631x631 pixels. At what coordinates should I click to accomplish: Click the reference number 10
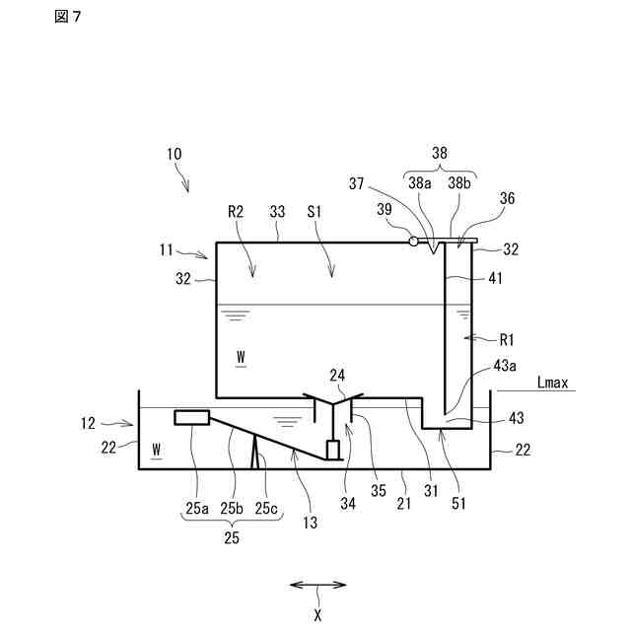[175, 154]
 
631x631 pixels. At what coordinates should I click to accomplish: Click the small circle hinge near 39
[413, 241]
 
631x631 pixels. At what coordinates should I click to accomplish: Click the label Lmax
[554, 383]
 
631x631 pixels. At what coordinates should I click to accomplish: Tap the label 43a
[505, 366]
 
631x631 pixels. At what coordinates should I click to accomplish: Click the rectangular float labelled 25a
[190, 417]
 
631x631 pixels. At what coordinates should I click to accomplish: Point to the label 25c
[266, 508]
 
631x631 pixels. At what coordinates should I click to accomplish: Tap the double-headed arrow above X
[316, 585]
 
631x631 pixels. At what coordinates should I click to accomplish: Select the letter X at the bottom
[317, 614]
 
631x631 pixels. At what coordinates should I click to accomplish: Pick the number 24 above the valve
[338, 375]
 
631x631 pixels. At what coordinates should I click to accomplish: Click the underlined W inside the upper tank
[241, 352]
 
